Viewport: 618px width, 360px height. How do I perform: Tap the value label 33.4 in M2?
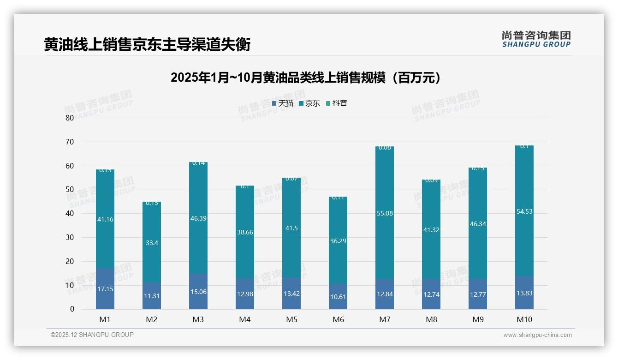[152, 243]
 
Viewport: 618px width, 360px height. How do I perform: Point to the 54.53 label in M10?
[524, 211]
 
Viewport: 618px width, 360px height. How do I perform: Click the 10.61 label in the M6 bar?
[338, 297]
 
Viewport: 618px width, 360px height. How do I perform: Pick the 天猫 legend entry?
[283, 103]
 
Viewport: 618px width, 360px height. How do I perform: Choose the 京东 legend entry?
[309, 103]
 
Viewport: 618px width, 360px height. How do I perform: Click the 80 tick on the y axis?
[70, 118]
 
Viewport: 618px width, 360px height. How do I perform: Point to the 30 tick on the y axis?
[70, 237]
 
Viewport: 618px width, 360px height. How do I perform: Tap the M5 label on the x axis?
[291, 319]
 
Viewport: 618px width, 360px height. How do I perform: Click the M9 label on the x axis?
[478, 319]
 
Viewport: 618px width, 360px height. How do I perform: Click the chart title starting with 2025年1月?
[305, 78]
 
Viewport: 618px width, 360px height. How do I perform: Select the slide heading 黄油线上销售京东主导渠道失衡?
[147, 45]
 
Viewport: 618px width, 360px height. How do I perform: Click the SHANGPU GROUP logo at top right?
[536, 39]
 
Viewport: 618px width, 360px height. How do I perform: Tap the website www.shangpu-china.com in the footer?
[537, 335]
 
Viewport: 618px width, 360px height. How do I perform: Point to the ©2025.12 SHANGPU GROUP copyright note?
[92, 335]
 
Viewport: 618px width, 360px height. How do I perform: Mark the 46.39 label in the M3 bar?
[198, 218]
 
